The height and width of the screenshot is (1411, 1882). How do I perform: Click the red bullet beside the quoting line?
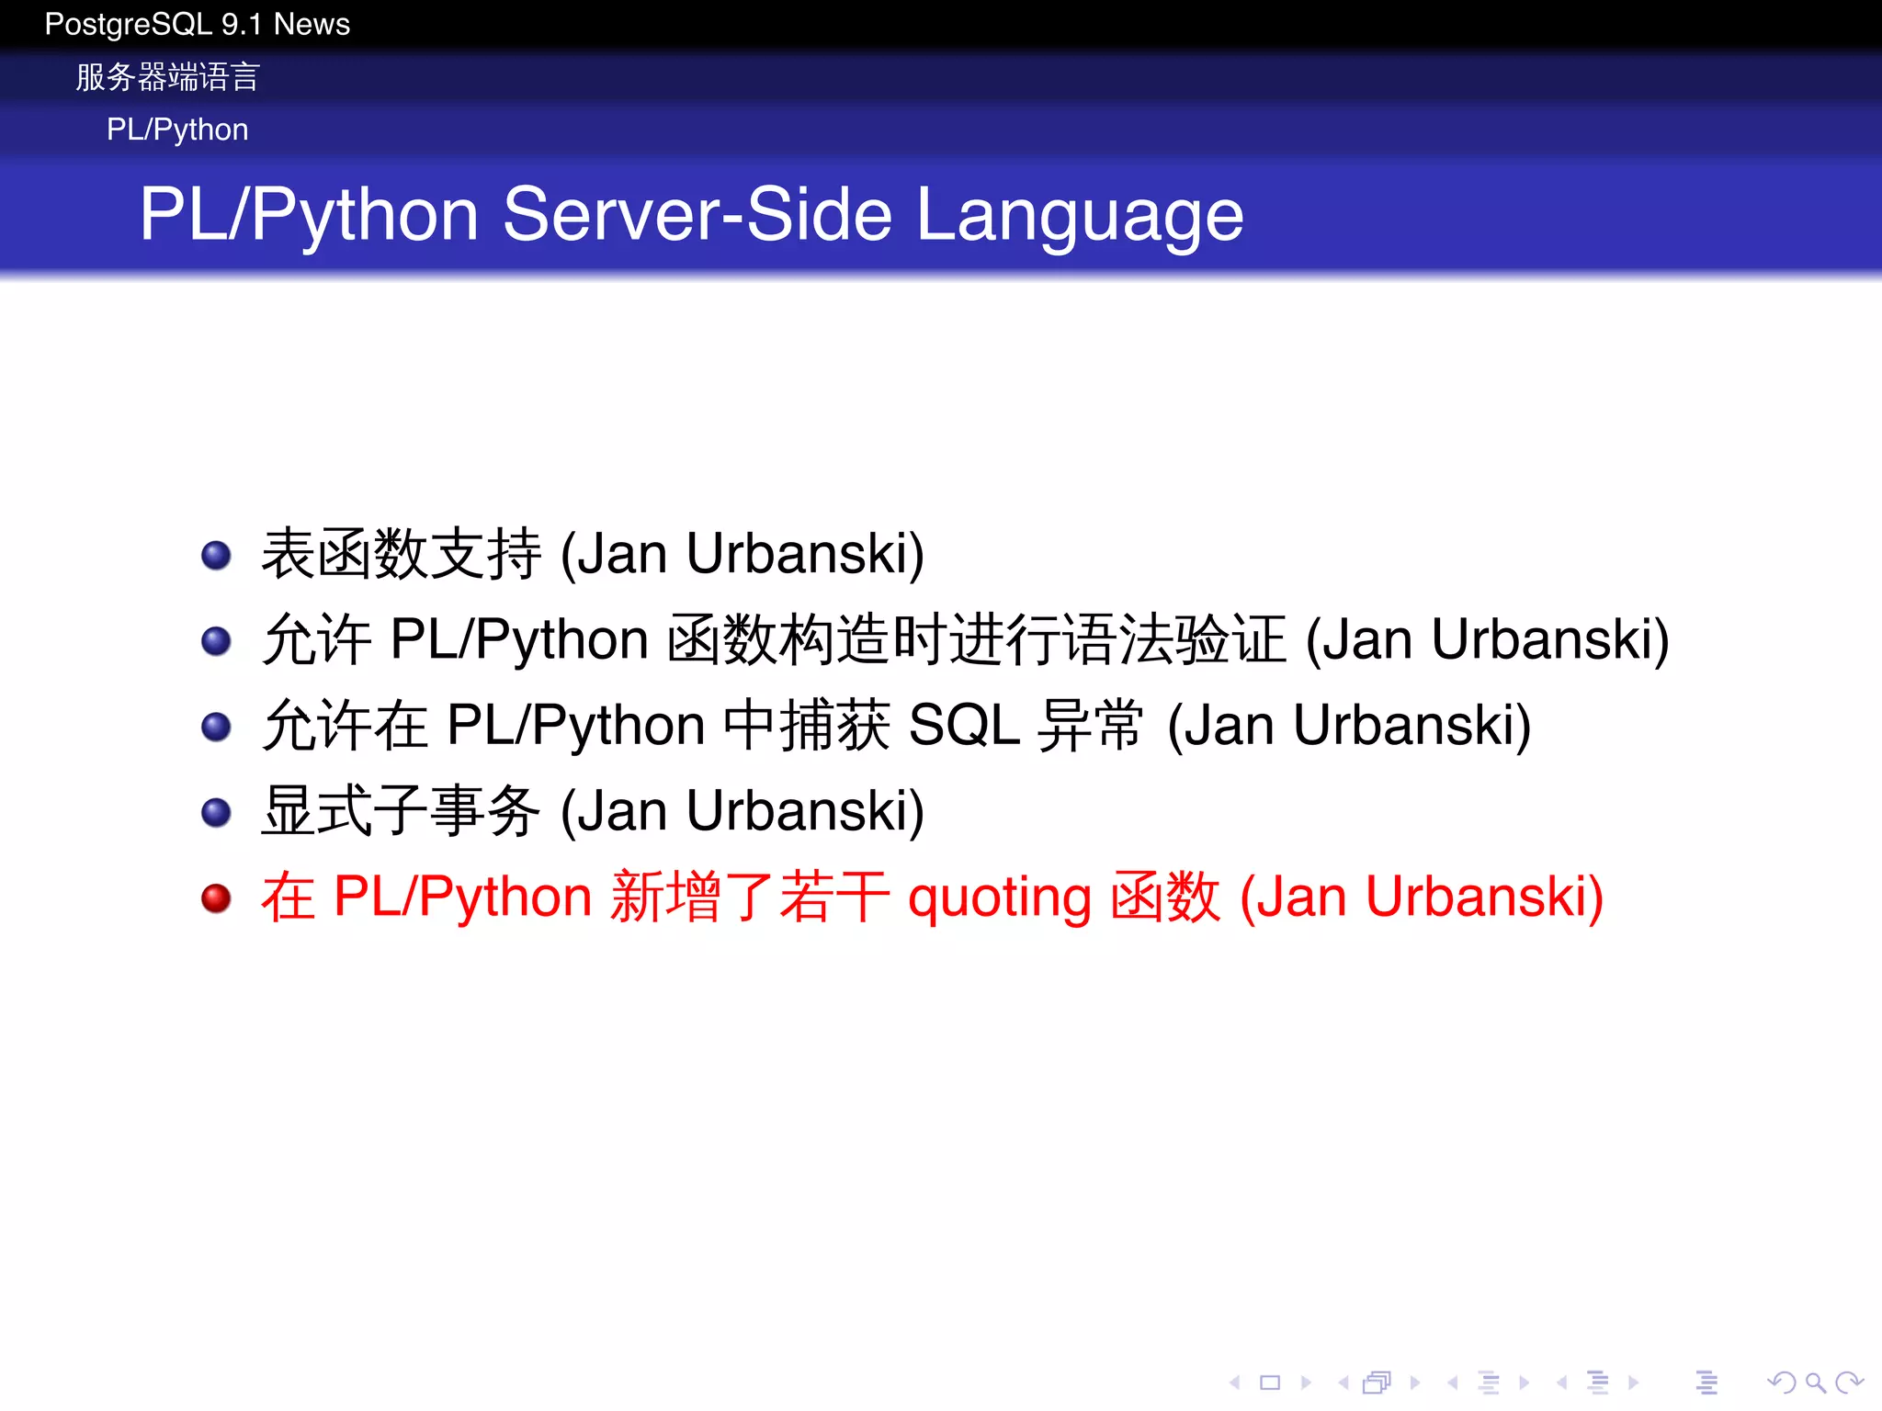pos(216,897)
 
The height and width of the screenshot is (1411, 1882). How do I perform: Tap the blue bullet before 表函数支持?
pos(216,555)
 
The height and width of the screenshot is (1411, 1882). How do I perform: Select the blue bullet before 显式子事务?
pos(216,812)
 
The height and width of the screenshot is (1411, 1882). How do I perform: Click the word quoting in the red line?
pos(999,897)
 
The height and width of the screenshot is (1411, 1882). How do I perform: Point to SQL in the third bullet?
pos(964,726)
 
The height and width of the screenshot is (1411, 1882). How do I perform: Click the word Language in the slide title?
pos(1080,215)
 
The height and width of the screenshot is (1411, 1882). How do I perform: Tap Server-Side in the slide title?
pos(698,215)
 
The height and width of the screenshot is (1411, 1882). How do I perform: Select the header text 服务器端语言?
pos(167,77)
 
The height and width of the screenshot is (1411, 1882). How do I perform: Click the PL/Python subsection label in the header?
pos(177,130)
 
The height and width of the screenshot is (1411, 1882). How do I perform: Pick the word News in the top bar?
pos(312,24)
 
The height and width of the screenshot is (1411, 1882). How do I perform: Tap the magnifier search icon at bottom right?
pos(1814,1382)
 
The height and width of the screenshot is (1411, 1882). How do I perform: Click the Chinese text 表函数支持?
pos(402,554)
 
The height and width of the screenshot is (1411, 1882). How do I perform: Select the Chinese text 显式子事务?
pos(402,811)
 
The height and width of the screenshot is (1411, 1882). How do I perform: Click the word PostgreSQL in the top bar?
pos(129,24)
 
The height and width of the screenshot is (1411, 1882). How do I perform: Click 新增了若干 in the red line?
pos(750,897)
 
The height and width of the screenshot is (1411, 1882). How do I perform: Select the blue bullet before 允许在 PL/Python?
pos(216,727)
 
